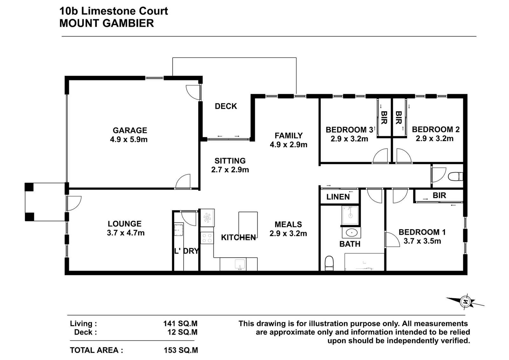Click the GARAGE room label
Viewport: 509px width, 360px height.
click(130, 130)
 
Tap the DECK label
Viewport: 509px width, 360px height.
click(226, 106)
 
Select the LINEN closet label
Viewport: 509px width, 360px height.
click(338, 197)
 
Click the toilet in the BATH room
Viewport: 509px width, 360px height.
click(329, 263)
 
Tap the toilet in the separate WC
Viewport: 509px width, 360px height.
click(455, 177)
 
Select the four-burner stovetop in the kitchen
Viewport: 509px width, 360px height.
click(207, 238)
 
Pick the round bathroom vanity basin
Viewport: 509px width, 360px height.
click(352, 232)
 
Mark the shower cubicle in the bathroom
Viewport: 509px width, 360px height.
click(350, 215)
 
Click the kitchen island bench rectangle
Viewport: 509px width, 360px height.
click(248, 225)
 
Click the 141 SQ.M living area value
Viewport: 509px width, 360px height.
click(180, 323)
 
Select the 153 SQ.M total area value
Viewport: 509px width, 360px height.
click(181, 350)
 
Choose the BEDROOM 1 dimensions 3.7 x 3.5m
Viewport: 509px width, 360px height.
click(422, 241)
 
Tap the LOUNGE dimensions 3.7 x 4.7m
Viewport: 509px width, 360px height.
click(126, 233)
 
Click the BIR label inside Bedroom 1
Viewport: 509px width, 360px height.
click(439, 195)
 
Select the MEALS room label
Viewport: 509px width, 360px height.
click(288, 225)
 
